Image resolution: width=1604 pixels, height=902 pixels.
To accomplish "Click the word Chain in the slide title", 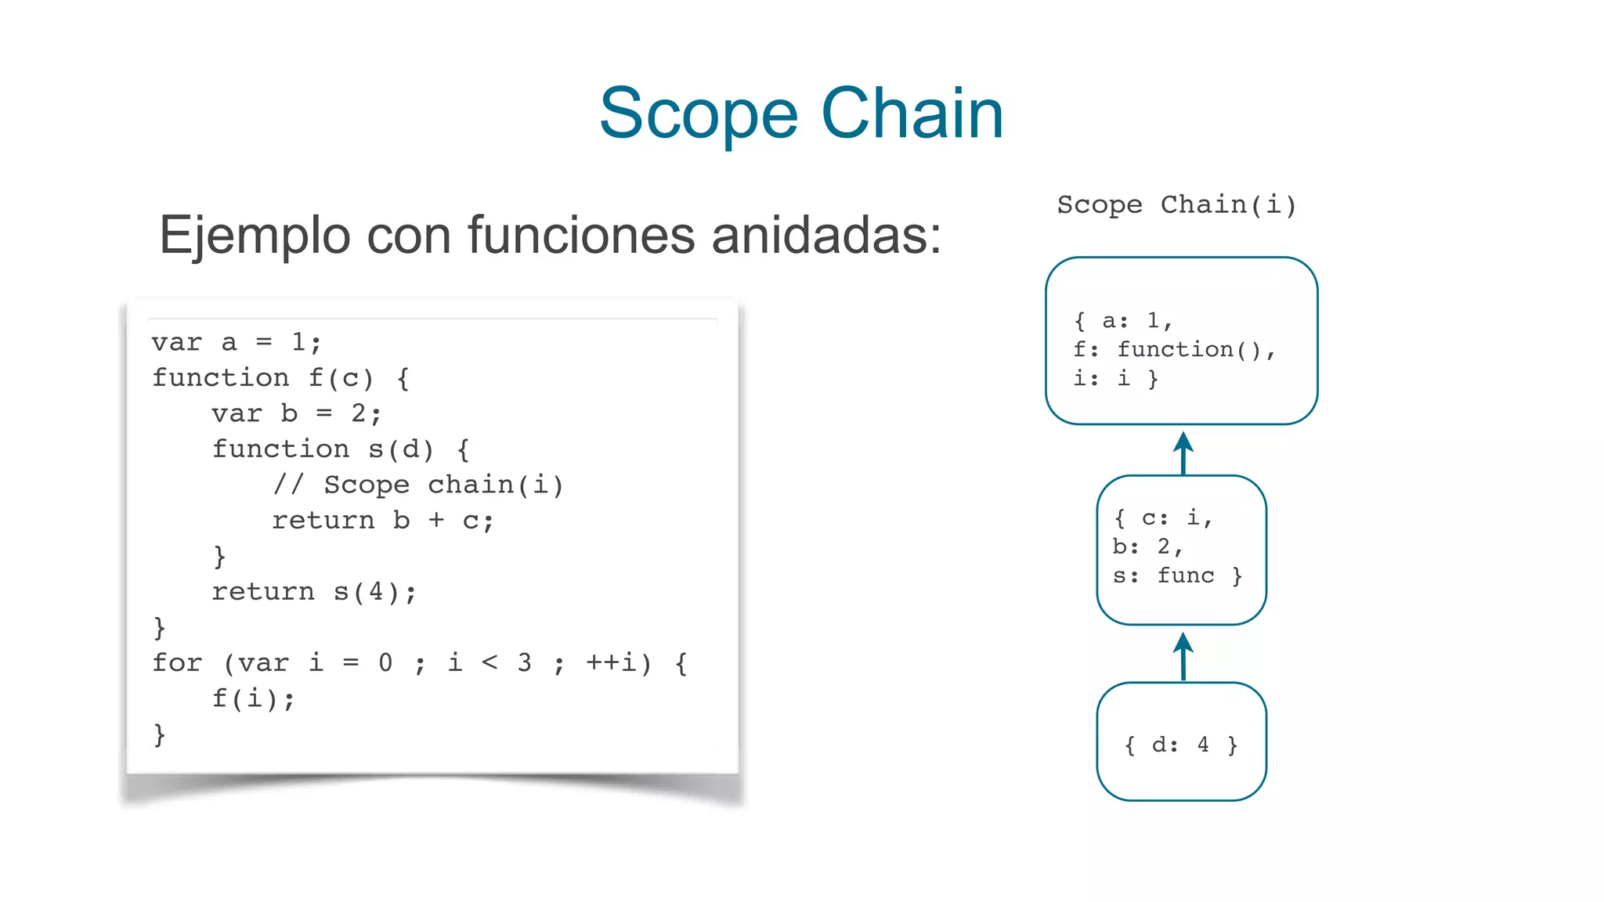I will click(912, 114).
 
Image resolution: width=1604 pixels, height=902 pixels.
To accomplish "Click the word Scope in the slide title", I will click(699, 114).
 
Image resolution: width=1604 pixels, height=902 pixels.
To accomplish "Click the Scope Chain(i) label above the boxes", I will click(1176, 205).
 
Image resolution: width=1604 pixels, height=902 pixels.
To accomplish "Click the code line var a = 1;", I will click(237, 342).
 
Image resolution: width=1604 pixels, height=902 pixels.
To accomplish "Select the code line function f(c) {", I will click(280, 378).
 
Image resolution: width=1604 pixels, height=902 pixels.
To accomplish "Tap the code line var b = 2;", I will click(296, 413).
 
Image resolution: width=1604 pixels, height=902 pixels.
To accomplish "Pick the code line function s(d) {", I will click(341, 449).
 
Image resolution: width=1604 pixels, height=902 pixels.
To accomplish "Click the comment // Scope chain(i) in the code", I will click(418, 485).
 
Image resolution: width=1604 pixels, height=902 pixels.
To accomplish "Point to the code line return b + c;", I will click(382, 521).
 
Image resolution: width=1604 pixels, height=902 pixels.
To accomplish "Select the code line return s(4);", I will click(314, 592).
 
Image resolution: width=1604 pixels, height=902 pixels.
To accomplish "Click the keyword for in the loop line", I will click(177, 663).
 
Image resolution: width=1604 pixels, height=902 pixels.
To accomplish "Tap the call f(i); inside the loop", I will click(254, 698).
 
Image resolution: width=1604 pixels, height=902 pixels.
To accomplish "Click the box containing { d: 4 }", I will click(1181, 741).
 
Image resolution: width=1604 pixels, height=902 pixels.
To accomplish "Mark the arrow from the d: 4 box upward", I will click(1183, 656).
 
